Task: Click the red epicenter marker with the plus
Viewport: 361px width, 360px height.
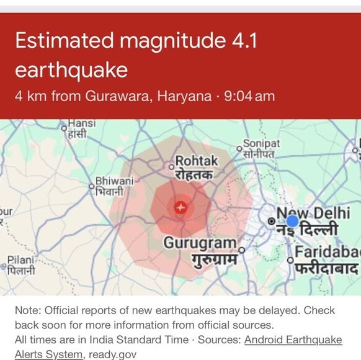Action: [180, 207]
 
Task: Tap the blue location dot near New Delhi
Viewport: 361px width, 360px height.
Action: [292, 220]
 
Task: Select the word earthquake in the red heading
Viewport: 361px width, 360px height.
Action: [71, 70]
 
